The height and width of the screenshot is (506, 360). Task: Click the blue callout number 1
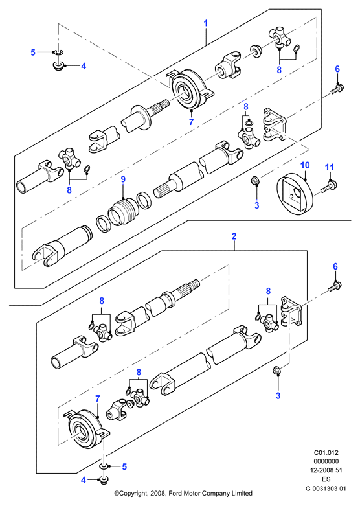click(205, 23)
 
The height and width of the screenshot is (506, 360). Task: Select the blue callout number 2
click(234, 236)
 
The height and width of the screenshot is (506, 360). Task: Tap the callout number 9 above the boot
click(123, 179)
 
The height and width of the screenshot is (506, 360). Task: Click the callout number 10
click(305, 165)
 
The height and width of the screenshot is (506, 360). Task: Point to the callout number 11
click(329, 167)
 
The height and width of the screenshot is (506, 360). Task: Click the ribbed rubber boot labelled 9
click(123, 211)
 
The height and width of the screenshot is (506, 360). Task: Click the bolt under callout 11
click(328, 187)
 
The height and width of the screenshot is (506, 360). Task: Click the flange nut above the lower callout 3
click(276, 371)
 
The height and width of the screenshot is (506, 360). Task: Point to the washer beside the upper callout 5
click(58, 52)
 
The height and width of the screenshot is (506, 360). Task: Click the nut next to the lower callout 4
click(104, 481)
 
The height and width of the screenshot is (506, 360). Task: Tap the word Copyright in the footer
click(134, 494)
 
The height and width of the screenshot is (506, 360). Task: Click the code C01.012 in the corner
click(326, 453)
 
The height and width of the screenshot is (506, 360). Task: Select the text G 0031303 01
click(326, 489)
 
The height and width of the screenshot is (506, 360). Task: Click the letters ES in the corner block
click(326, 479)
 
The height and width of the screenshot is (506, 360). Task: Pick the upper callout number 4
click(84, 66)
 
